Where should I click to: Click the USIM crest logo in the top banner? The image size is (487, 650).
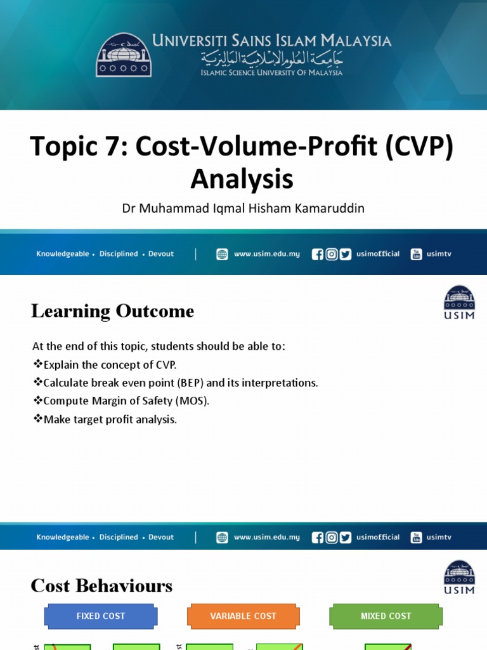(x=124, y=55)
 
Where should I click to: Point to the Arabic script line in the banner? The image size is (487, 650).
(x=272, y=58)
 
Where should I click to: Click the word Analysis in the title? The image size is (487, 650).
(x=242, y=179)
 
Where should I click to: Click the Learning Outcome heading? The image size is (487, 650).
(x=112, y=311)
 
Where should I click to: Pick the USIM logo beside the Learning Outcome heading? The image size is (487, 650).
(x=459, y=302)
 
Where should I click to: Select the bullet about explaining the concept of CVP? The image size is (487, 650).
(x=105, y=364)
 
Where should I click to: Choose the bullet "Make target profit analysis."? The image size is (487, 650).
(x=105, y=420)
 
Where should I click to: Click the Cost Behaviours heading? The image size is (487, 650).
(x=101, y=585)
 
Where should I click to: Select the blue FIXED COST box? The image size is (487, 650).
(x=100, y=616)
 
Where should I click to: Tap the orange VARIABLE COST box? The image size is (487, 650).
(x=243, y=616)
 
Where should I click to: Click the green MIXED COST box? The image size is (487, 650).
(x=386, y=616)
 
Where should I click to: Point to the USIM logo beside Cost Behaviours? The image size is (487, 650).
(x=459, y=577)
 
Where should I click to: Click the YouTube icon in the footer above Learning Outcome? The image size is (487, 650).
(x=416, y=254)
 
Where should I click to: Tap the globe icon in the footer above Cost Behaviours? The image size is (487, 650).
(x=222, y=537)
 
